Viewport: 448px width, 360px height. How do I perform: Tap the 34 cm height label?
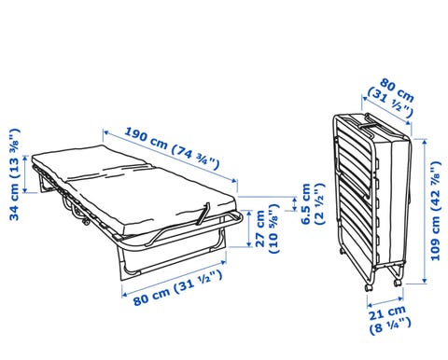click(15, 174)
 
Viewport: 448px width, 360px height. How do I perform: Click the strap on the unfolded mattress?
click(203, 213)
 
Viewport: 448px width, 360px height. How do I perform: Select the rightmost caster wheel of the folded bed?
click(398, 283)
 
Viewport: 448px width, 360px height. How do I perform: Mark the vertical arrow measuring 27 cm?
click(249, 228)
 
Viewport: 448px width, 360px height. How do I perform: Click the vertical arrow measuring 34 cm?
click(26, 174)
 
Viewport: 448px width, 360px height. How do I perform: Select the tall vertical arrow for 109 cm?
click(425, 211)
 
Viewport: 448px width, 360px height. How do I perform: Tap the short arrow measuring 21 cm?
click(385, 302)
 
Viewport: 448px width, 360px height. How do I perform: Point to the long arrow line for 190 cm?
click(170, 157)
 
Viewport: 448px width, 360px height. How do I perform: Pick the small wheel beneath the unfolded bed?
click(85, 222)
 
